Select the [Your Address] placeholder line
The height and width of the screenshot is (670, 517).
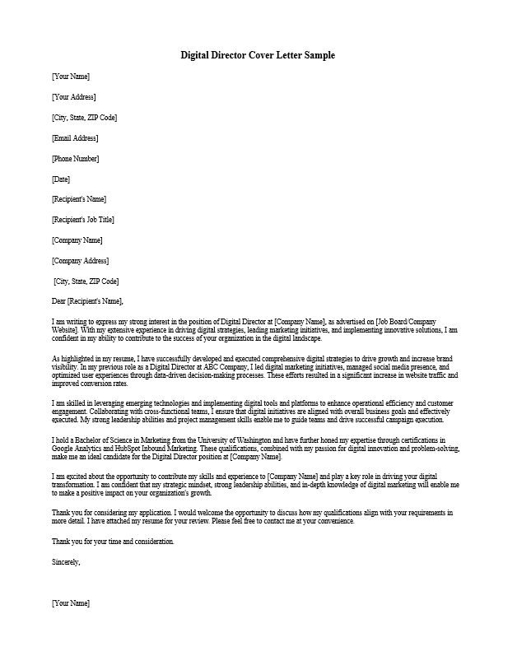(x=73, y=97)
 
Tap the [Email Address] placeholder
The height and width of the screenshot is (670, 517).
(x=74, y=137)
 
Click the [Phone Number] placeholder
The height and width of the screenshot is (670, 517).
(x=75, y=158)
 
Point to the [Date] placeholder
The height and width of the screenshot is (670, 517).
(x=60, y=179)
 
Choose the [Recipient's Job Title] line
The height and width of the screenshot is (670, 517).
(x=82, y=220)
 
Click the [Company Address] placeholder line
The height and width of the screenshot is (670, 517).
(x=80, y=261)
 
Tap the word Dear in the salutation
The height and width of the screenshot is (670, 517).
(x=58, y=301)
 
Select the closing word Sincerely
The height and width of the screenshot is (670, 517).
(x=66, y=562)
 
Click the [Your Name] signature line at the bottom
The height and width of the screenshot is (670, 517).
(x=70, y=603)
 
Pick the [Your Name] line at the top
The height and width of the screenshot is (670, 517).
(x=70, y=77)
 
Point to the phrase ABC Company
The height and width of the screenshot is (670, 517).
(x=222, y=367)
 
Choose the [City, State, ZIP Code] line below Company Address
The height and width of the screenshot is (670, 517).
(x=86, y=281)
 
